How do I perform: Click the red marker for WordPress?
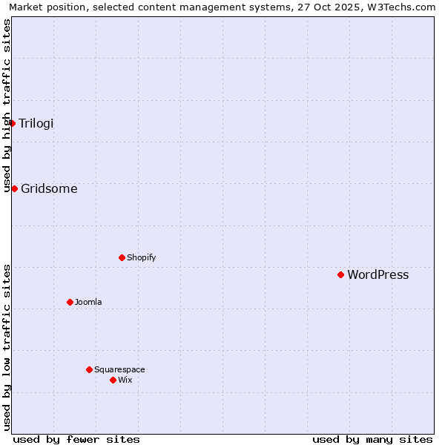340,274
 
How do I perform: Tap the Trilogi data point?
13,123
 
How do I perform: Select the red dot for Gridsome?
14,188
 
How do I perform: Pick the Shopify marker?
122,257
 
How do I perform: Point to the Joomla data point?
70,302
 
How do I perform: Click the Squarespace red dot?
89,369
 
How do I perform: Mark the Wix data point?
113,380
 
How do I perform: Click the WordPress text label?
378,275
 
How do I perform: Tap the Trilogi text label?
36,123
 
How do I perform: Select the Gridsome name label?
49,188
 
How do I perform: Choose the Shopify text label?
141,257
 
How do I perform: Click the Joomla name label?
88,302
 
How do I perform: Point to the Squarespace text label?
119,369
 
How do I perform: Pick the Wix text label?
125,380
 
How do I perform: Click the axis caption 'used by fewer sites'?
76,439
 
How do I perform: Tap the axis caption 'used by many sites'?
372,439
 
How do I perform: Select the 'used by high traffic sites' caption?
7,105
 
